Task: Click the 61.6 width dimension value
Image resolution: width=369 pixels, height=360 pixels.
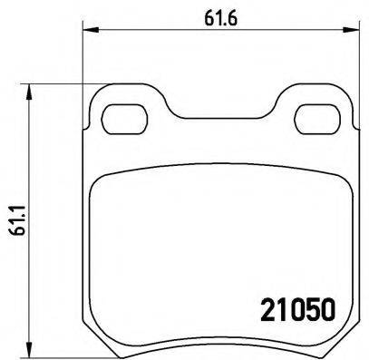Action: click(x=213, y=15)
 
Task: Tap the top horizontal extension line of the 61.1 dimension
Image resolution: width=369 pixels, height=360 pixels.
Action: click(x=63, y=85)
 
